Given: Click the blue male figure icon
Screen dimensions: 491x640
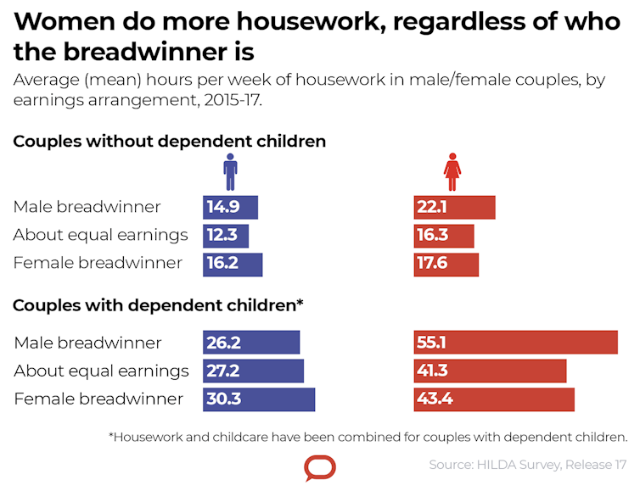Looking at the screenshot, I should point(230,172).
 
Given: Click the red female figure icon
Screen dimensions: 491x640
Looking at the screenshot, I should point(452,172).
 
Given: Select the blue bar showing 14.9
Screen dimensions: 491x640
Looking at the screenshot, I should point(230,208).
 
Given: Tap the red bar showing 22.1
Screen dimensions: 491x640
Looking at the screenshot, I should point(454,208).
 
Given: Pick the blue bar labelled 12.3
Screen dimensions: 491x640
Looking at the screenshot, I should point(226,236).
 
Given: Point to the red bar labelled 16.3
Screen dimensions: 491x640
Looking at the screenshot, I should point(444,236).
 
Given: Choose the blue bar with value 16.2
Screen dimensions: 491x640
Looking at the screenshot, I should point(233,264).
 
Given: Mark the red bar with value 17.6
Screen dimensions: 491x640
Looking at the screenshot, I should point(446,264).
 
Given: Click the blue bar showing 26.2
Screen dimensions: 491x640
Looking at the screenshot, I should point(251,343).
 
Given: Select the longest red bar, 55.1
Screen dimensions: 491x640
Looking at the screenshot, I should point(515,343).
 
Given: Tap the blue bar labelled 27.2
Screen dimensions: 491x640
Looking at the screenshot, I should point(253,371).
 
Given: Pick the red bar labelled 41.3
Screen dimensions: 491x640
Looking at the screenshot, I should point(490,371).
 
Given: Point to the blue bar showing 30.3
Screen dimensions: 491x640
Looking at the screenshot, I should point(259,399).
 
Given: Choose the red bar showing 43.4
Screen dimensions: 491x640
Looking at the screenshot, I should point(494,399).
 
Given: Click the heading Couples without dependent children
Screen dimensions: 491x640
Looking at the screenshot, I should point(170,142).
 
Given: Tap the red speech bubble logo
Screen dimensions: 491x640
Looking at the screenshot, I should point(320,468).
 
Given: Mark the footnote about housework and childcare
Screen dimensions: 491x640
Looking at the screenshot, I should point(368,438).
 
